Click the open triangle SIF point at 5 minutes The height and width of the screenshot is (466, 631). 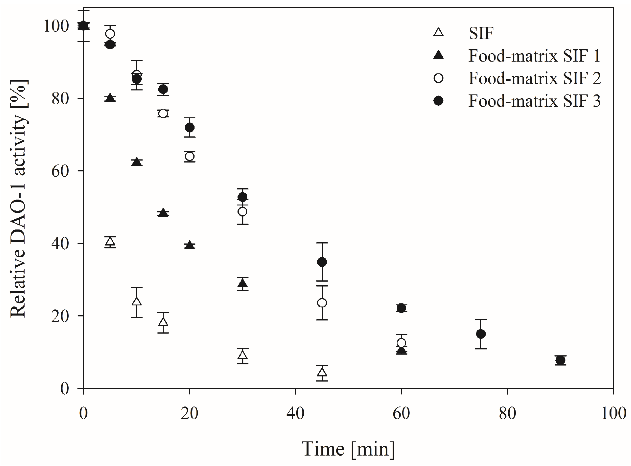tap(110, 242)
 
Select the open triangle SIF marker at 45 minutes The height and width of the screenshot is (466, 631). tap(322, 372)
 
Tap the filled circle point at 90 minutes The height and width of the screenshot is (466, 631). tap(560, 360)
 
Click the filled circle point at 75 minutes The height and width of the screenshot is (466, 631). tap(481, 334)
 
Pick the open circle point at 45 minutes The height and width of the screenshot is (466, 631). tap(322, 303)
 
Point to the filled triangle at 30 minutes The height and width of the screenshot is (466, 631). tap(243, 283)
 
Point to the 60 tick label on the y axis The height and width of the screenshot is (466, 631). tap(60, 171)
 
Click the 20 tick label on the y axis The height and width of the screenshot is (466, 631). tap(60, 316)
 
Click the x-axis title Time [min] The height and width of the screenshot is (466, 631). tap(348, 449)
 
